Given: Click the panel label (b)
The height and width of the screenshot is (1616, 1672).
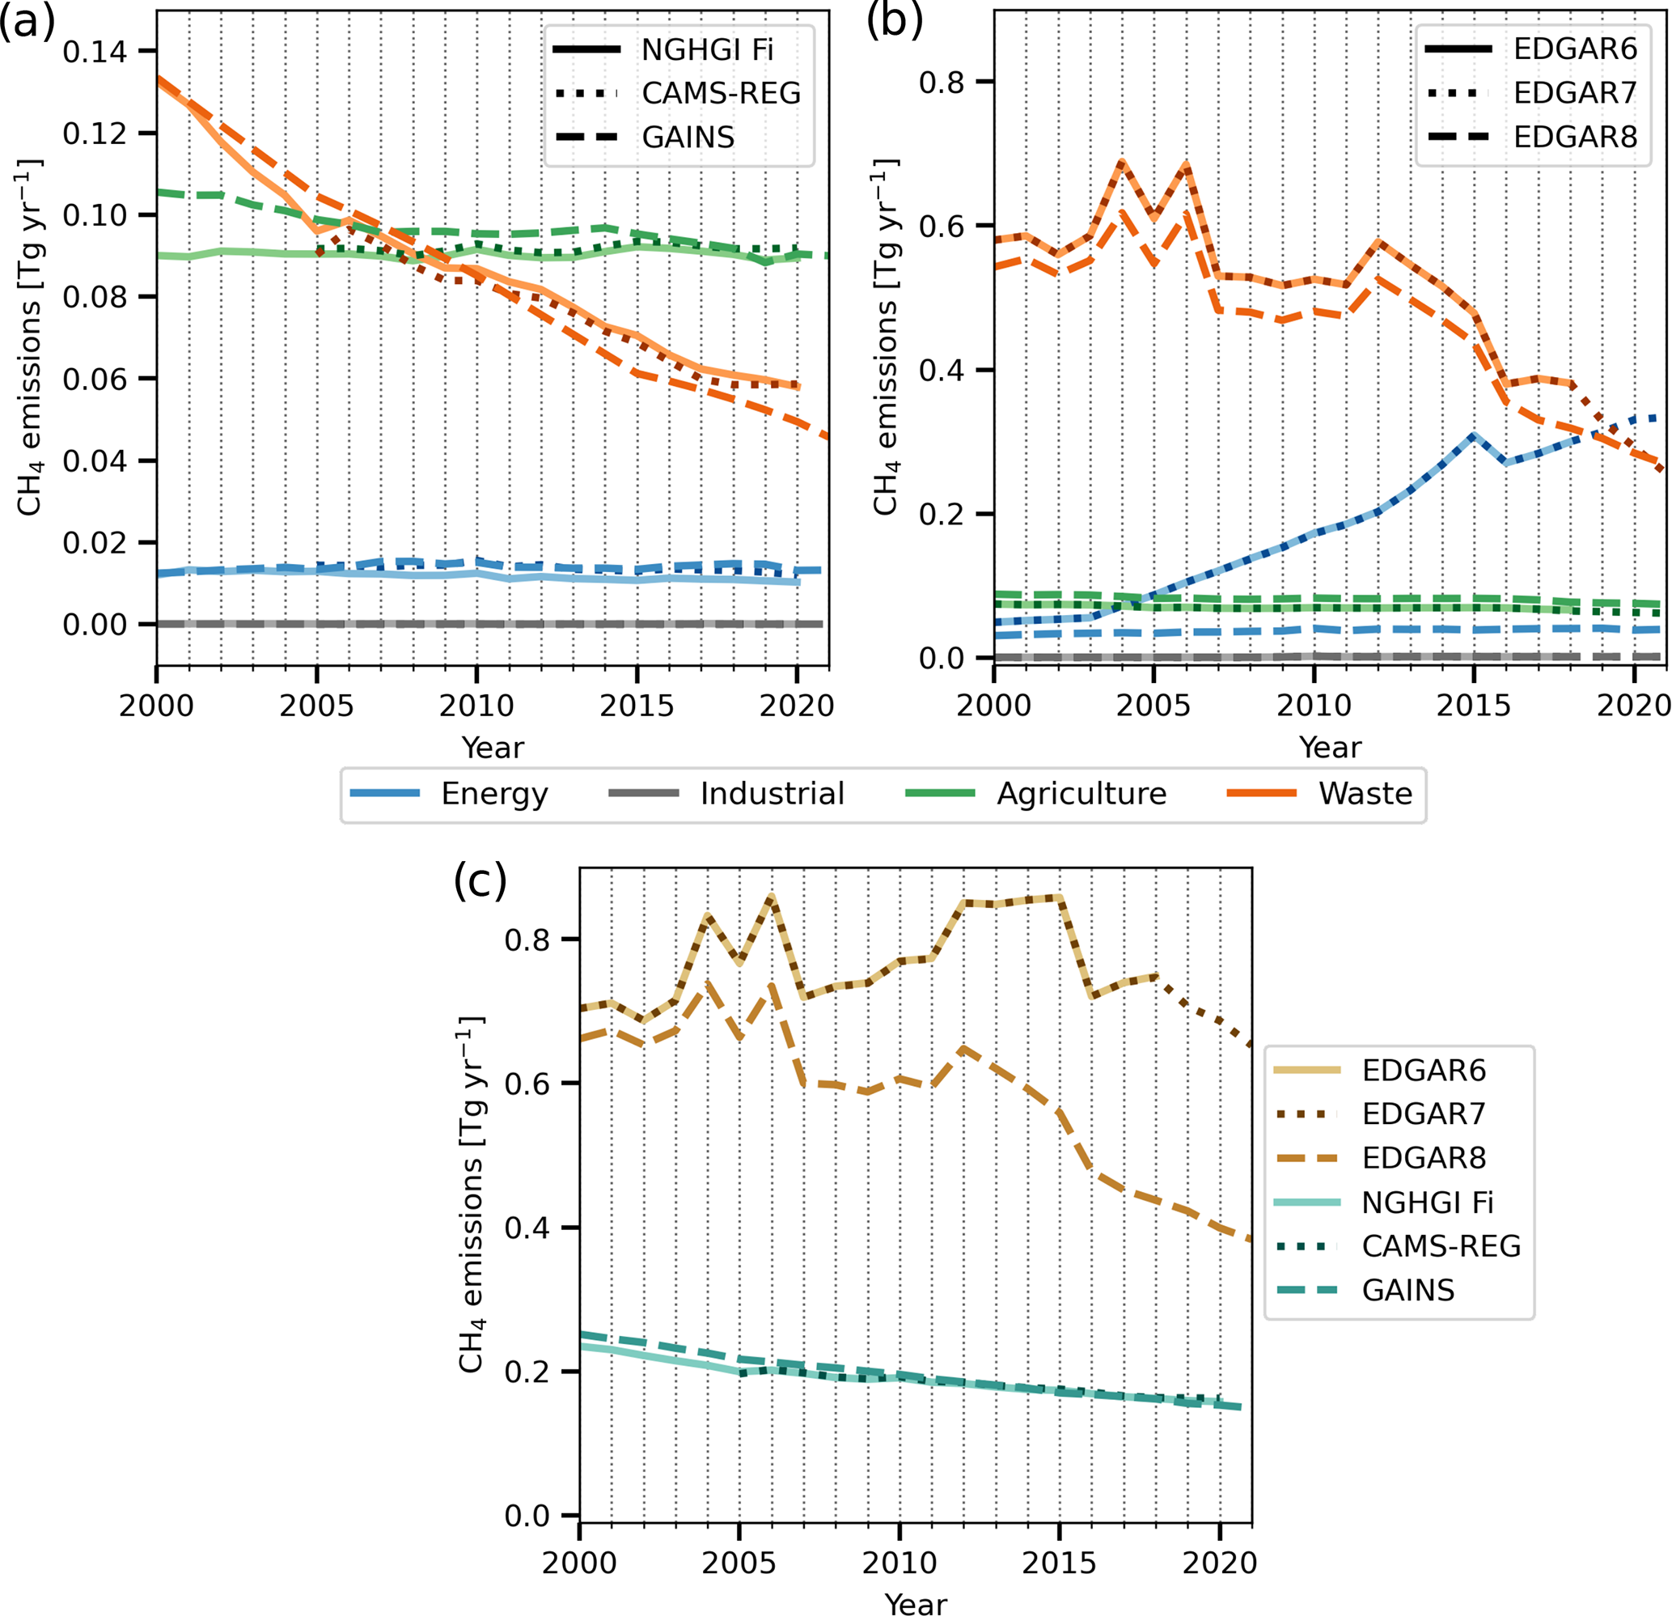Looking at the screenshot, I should tap(895, 22).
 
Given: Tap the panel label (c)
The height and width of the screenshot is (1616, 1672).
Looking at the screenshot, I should tap(480, 880).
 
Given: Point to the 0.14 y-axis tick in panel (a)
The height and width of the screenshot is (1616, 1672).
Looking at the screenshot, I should tap(94, 52).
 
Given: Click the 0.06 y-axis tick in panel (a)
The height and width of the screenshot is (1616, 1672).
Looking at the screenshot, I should tap(94, 379).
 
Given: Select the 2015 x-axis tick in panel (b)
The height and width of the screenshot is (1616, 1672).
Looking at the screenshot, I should tap(1473, 706).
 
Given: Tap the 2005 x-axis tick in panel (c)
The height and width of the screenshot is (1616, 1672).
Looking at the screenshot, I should tap(739, 1563).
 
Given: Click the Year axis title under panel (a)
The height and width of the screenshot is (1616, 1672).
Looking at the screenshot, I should tap(492, 748).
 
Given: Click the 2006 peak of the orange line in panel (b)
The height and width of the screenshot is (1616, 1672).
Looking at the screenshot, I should tap(1186, 166).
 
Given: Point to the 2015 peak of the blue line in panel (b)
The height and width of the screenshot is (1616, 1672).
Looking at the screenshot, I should tap(1473, 436).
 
